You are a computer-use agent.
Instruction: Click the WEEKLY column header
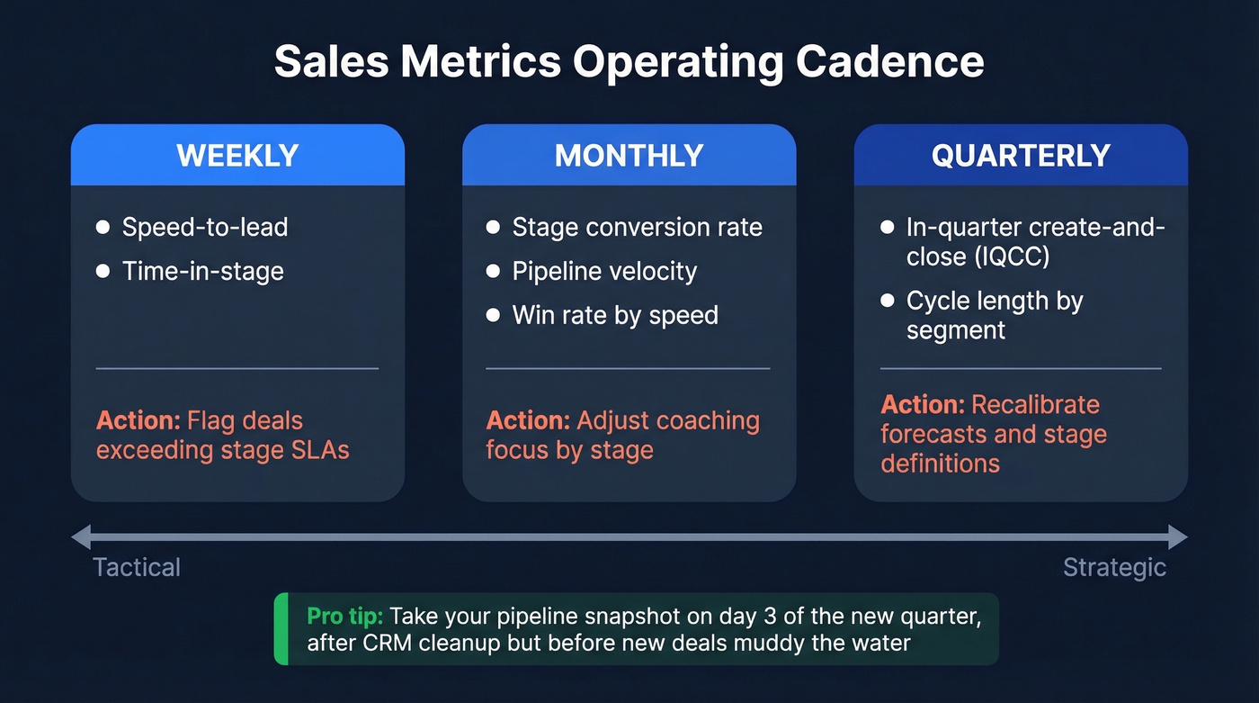tap(237, 156)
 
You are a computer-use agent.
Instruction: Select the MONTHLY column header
tap(629, 156)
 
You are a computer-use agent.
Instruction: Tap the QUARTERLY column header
tap(1020, 156)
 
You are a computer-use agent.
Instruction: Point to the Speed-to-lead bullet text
tap(205, 227)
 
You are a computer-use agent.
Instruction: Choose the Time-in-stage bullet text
tap(202, 271)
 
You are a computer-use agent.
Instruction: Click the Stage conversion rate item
tap(637, 227)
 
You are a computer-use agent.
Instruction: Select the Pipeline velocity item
tap(604, 271)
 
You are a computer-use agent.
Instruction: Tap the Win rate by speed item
tap(615, 315)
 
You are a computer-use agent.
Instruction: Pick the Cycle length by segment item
tap(994, 315)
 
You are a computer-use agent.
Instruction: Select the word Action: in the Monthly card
tap(529, 420)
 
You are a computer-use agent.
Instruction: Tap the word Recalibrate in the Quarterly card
tap(1035, 404)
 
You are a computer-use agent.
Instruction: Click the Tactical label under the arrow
tap(137, 567)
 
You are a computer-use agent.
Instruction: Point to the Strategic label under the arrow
tap(1114, 567)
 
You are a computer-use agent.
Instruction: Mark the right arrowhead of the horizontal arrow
tap(1178, 537)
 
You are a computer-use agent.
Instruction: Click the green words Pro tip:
tap(345, 616)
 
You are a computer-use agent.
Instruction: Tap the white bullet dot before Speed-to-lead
tap(103, 227)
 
